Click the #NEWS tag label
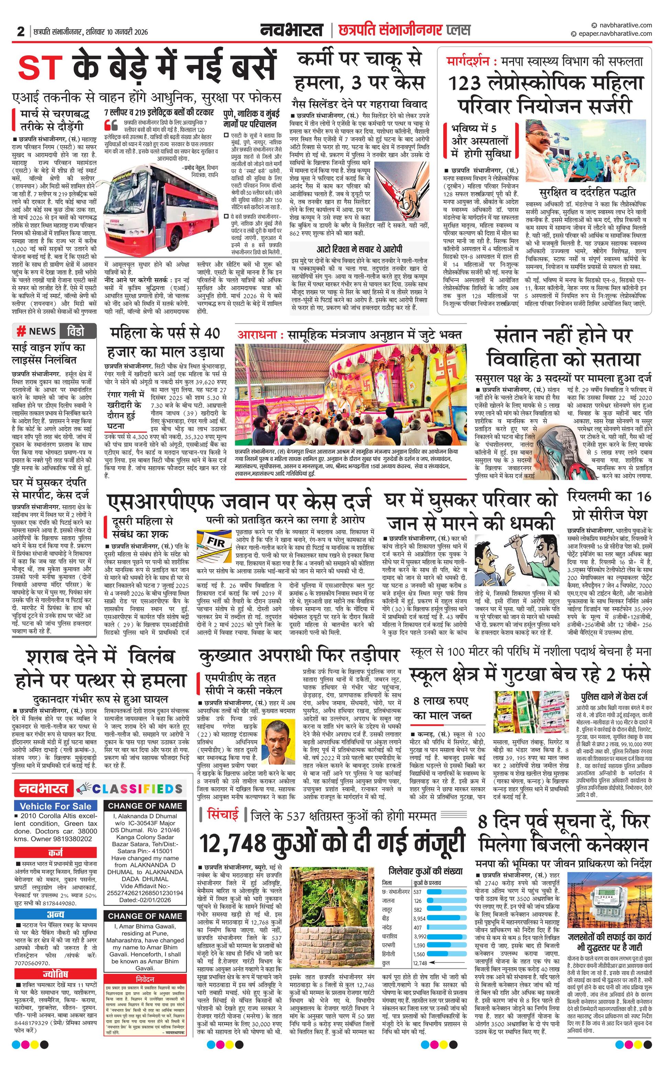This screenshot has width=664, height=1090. (36, 331)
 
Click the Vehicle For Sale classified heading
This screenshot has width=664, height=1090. (56, 806)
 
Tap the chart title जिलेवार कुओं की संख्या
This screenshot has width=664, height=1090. (425, 871)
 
